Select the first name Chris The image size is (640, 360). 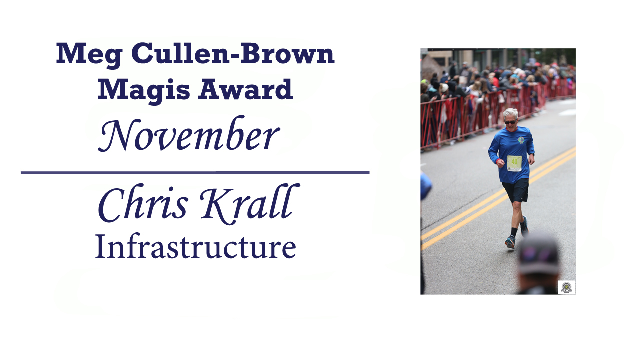(143, 204)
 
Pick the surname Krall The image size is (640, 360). (249, 204)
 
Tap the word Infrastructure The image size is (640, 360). (195, 246)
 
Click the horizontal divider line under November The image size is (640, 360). (195, 172)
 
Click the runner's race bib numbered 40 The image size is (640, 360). (514, 163)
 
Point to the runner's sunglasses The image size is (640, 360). (510, 122)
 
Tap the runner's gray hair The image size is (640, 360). (510, 114)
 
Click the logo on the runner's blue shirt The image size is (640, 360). (521, 140)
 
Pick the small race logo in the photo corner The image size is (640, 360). (567, 287)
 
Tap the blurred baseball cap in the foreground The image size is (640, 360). (539, 254)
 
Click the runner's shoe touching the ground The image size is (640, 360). (510, 243)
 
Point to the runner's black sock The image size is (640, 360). (514, 232)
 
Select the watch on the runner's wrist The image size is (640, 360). (531, 155)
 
